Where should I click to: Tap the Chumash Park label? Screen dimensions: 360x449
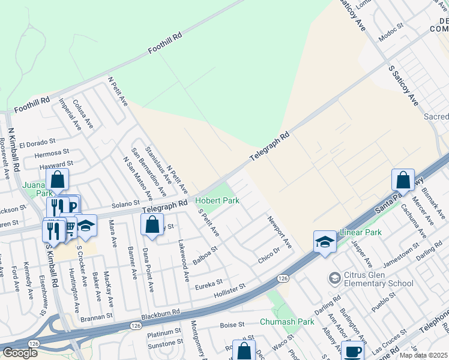[x=287, y=322]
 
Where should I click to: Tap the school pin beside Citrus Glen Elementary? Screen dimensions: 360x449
[x=334, y=278]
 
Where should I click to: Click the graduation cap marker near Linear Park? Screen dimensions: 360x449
[x=325, y=242]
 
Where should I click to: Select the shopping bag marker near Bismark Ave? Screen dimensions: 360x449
[x=403, y=179]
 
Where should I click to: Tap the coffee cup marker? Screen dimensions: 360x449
[x=352, y=351]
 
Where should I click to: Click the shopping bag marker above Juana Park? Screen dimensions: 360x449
[x=57, y=179]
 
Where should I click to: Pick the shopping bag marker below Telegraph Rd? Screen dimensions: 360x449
[x=152, y=225]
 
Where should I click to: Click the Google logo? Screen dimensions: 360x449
[x=20, y=352]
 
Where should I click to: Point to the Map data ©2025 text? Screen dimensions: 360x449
[x=423, y=355]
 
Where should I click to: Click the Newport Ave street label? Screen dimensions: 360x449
[x=280, y=232]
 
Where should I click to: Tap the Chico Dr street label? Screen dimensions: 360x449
[x=269, y=254]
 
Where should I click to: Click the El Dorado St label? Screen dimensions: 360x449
[x=37, y=143]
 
